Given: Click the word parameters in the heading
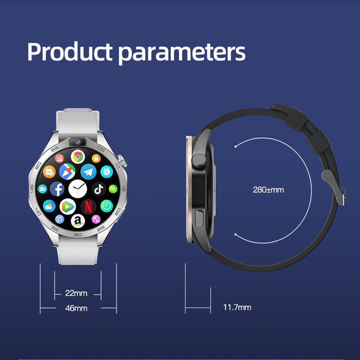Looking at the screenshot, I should (182, 53).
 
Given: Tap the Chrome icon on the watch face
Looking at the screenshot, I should (78, 157).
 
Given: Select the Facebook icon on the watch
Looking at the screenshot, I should (58, 189).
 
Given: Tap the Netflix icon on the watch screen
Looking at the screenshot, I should (88, 206).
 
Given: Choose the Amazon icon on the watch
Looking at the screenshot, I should (78, 221).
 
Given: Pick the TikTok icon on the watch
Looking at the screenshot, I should (99, 189).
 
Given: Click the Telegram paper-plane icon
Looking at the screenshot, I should (88, 171).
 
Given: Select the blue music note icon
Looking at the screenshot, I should (59, 219).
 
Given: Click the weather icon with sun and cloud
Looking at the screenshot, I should (49, 207).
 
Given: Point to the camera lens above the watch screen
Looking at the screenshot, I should (77, 142).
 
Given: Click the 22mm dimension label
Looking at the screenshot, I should (76, 293).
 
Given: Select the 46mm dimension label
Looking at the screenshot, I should (76, 308).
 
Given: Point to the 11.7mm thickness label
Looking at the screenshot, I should (237, 308).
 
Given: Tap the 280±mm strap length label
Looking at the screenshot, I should (268, 189).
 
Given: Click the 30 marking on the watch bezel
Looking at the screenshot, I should (78, 235).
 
